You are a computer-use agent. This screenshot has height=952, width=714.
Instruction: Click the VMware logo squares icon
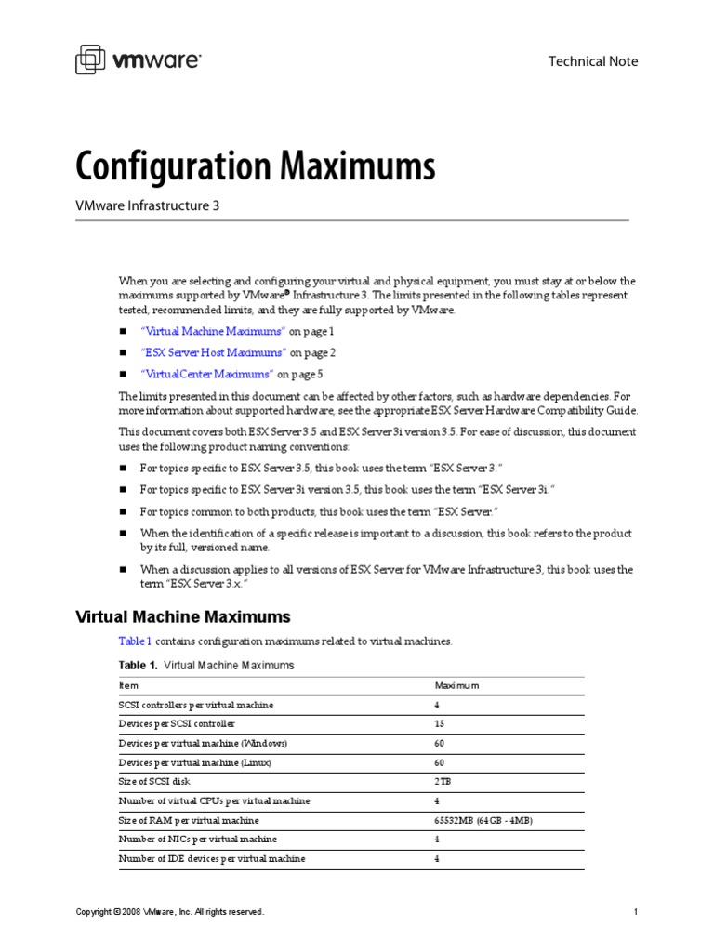91,60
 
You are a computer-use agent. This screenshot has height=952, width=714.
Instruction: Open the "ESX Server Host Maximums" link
213,352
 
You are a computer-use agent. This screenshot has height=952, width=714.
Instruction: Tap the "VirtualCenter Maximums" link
206,374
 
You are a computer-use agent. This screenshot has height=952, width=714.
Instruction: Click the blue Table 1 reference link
135,641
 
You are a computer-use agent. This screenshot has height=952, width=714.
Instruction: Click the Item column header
128,685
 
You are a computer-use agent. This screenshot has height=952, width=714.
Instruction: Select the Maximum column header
456,685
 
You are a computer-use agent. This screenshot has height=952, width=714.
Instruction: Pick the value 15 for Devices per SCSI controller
440,723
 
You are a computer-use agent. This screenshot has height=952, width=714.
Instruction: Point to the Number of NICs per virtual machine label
198,840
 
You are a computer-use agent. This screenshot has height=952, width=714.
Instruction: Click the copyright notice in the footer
170,912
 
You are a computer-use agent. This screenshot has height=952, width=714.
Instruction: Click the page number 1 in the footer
635,912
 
